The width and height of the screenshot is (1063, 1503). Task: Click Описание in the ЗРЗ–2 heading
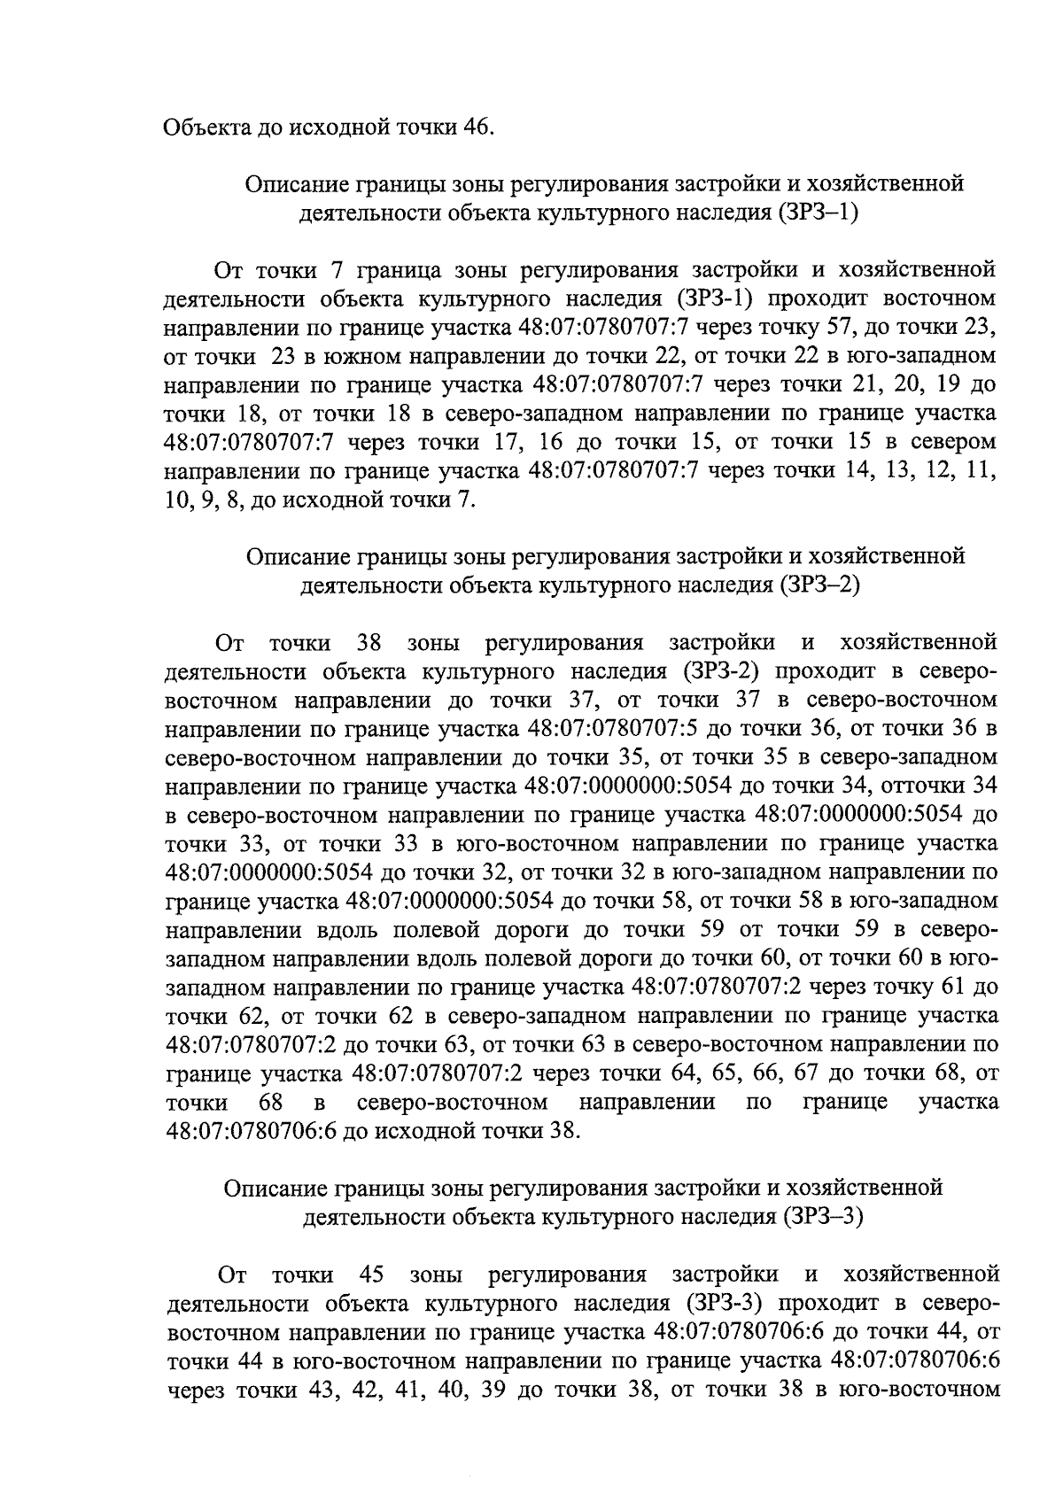click(x=298, y=556)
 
